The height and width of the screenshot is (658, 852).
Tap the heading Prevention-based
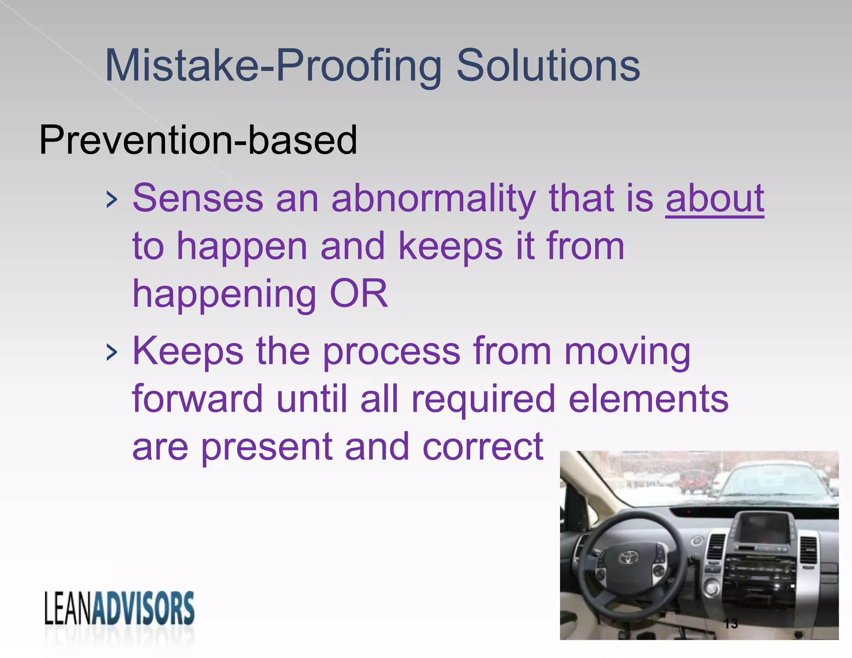(198, 140)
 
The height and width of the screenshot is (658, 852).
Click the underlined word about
(714, 198)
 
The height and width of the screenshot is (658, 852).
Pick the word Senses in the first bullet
(198, 198)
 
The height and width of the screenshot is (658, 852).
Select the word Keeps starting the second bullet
(188, 352)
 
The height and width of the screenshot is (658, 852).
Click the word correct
(483, 447)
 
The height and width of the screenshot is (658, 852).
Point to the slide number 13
(731, 623)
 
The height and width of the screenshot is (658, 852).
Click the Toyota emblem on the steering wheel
(628, 557)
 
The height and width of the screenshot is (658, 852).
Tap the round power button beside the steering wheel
(711, 588)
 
